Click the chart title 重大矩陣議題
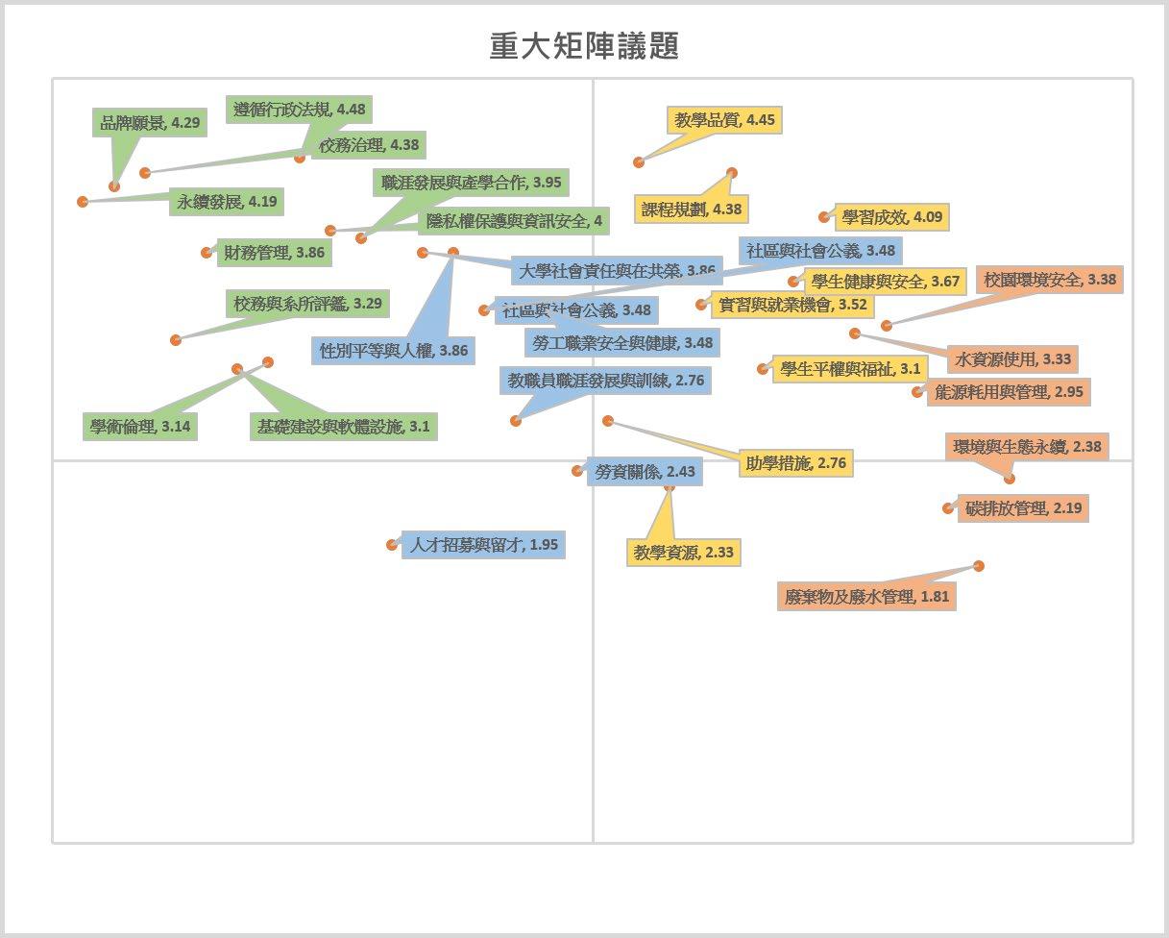pos(584,46)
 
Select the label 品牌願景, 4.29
pos(150,123)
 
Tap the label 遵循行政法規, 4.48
pos(299,110)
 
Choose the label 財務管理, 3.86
pos(274,254)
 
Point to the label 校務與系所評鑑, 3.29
pos(307,304)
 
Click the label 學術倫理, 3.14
pos(140,426)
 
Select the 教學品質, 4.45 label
pos(724,120)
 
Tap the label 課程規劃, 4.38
pos(691,209)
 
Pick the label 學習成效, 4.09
pos(891,217)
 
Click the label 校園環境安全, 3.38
pos(1050,280)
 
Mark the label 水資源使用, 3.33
pos(1012,359)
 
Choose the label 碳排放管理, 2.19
pos(1023,508)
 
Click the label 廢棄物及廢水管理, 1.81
pos(866,597)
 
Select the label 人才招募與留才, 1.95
pos(483,545)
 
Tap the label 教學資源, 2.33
pos(684,553)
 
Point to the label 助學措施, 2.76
pos(795,463)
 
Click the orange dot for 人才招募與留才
pos(392,545)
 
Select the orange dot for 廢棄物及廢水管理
pos(979,566)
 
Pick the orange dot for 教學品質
pos(639,161)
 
